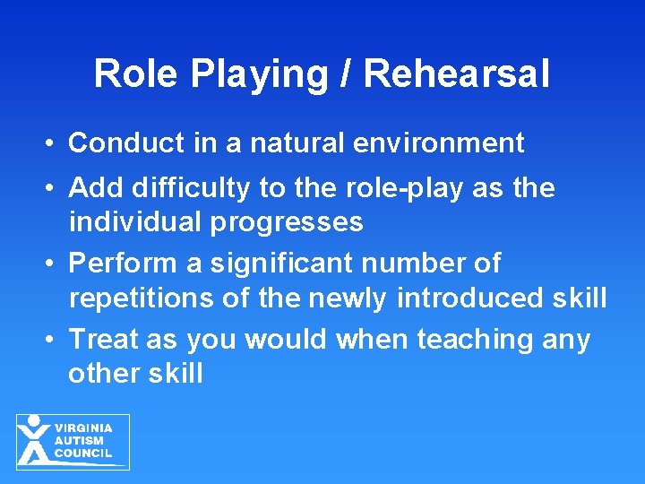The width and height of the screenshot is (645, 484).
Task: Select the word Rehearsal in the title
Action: tap(456, 73)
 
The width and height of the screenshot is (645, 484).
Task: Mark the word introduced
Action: tap(462, 297)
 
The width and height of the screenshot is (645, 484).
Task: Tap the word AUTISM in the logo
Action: tap(79, 441)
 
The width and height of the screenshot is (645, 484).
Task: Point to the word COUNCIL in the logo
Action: tap(83, 453)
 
